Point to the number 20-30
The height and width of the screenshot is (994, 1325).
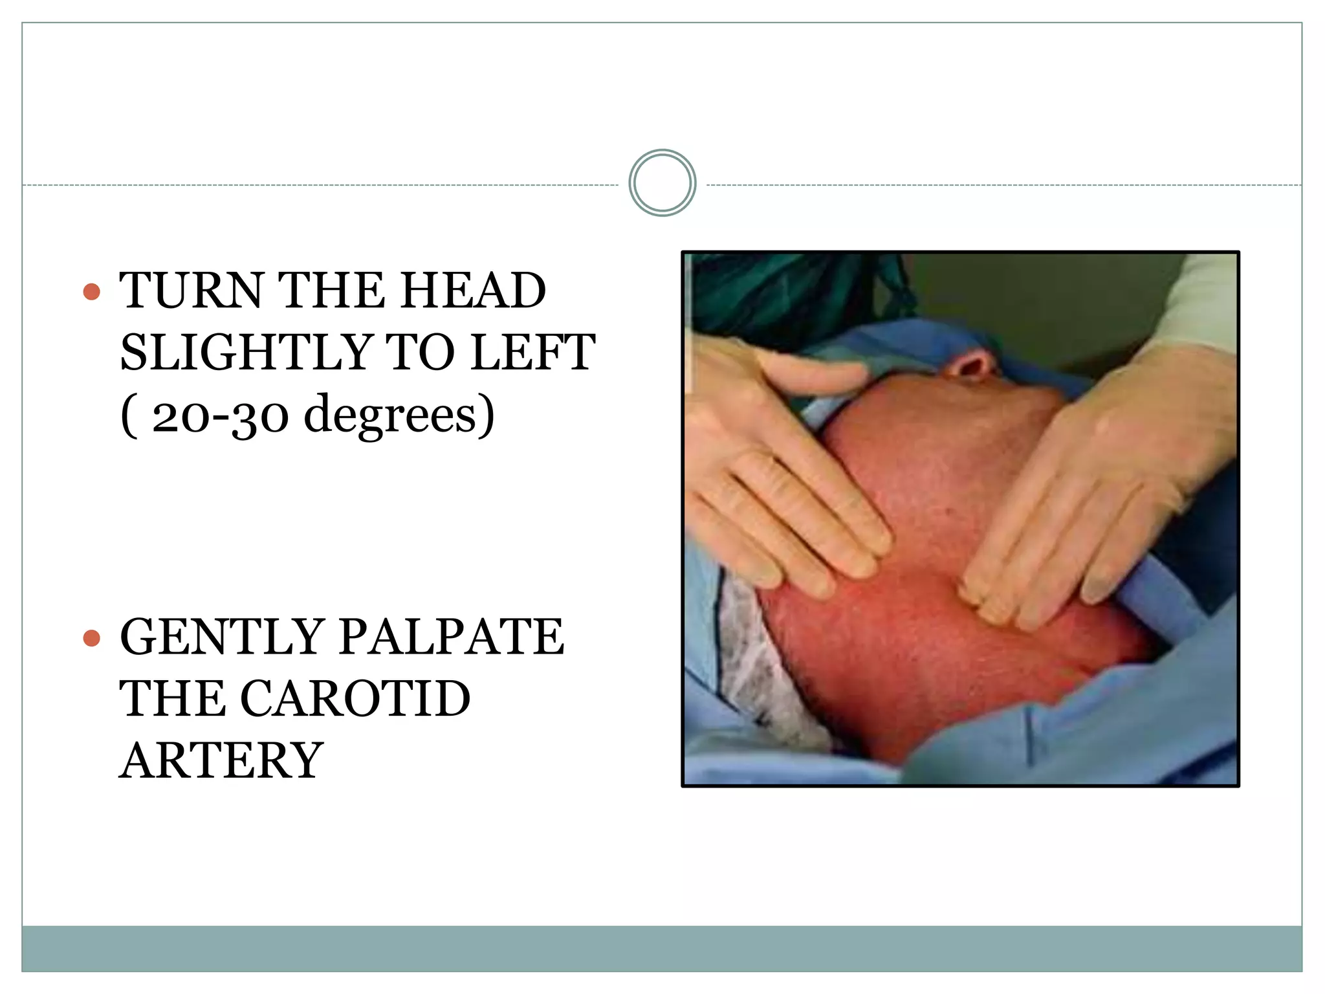pyautogui.click(x=220, y=415)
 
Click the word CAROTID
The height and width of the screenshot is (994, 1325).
pyautogui.click(x=355, y=700)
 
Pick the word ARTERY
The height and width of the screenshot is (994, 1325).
pyautogui.click(x=221, y=761)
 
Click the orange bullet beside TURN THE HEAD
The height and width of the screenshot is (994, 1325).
pyautogui.click(x=92, y=291)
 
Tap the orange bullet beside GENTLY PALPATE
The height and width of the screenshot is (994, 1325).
pyautogui.click(x=92, y=639)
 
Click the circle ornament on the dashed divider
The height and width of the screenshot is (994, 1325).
pyautogui.click(x=662, y=183)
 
